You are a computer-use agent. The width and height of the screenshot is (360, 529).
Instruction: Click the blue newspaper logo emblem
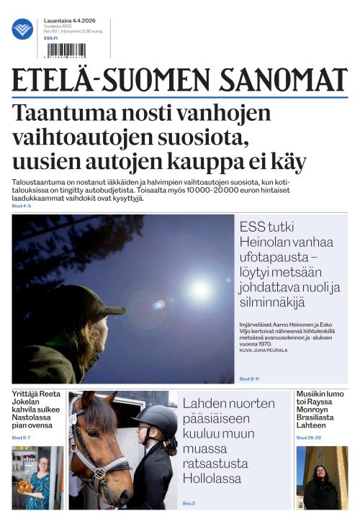(22, 29)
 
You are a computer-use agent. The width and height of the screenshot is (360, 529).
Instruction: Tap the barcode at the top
(65, 50)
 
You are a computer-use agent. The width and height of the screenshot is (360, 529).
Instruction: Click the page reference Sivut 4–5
(22, 206)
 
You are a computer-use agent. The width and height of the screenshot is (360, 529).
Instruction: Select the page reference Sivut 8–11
(249, 379)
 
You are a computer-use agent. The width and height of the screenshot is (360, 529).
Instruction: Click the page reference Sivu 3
(189, 503)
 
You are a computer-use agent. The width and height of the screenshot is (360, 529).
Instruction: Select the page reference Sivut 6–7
(21, 438)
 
